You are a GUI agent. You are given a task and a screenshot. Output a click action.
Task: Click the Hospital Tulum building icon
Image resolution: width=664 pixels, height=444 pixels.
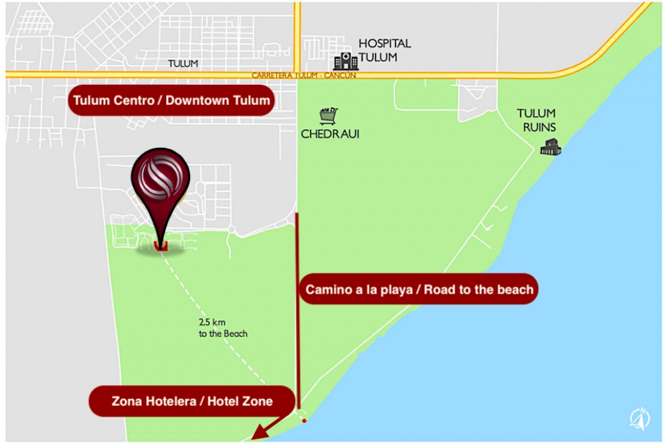345,61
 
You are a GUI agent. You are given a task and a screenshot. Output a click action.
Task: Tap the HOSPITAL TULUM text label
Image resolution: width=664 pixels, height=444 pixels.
385,50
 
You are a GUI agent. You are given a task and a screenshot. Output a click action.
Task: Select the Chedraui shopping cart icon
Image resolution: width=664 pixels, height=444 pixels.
328,116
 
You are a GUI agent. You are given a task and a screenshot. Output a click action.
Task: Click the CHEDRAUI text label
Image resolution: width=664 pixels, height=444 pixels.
330,134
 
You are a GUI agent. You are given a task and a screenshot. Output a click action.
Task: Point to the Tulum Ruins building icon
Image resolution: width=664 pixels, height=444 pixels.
551,148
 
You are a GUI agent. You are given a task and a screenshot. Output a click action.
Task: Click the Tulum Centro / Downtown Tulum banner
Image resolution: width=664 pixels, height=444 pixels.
171,100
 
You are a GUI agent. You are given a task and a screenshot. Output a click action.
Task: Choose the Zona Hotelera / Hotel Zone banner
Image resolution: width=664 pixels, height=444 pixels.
191,401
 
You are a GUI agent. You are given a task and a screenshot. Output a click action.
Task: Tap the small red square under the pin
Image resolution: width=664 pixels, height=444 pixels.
161,245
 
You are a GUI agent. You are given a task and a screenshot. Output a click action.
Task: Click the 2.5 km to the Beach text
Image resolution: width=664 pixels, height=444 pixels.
223,327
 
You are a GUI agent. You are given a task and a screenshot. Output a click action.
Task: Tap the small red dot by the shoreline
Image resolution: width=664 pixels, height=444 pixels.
304,421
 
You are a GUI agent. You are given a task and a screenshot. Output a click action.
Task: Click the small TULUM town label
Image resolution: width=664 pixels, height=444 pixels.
183,64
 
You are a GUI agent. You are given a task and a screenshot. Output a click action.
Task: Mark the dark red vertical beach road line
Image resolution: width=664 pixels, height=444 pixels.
298,259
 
